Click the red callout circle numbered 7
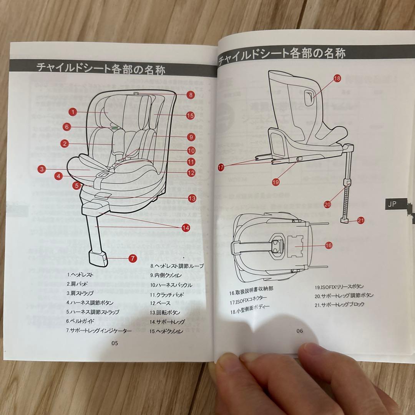point(133,258)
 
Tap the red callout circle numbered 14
point(186,227)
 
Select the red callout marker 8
point(191,95)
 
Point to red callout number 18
point(337,79)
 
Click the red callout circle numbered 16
point(328,245)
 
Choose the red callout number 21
point(360,220)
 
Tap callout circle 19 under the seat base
point(276,182)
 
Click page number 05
point(115,343)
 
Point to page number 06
point(300,331)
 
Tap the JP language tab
point(392,204)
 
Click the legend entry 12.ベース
point(160,304)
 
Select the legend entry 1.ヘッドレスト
point(81,275)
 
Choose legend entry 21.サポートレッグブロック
point(339,304)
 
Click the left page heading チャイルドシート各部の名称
point(101,69)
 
